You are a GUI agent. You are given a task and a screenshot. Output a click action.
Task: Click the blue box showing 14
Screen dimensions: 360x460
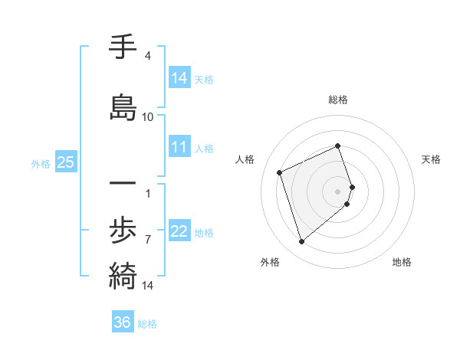(179, 77)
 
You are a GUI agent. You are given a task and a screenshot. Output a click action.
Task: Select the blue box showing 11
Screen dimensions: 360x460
(179, 147)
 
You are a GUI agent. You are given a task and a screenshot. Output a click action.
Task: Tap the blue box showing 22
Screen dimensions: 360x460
(179, 231)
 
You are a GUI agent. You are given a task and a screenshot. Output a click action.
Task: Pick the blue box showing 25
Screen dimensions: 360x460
(65, 162)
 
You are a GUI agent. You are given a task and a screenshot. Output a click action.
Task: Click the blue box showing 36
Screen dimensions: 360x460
(123, 322)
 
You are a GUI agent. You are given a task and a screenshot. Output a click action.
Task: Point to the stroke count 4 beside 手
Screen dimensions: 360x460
(148, 56)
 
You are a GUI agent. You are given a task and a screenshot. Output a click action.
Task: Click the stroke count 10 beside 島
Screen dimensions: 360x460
(148, 117)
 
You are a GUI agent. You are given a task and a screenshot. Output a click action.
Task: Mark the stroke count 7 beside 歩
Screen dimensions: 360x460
(148, 240)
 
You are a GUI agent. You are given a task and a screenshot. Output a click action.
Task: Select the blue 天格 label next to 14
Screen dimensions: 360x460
(204, 79)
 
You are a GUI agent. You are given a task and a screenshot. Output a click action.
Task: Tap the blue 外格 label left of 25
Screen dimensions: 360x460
(41, 163)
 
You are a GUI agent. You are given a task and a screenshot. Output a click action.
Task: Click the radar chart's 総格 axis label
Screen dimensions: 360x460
(338, 100)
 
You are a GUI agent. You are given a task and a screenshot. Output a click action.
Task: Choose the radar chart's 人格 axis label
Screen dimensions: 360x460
(245, 159)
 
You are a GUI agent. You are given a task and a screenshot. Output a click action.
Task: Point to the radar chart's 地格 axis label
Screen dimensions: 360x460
(402, 262)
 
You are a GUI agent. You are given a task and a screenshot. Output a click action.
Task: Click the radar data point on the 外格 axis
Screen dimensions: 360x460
(301, 242)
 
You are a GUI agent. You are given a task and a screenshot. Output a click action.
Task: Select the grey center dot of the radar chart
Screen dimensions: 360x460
(338, 191)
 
